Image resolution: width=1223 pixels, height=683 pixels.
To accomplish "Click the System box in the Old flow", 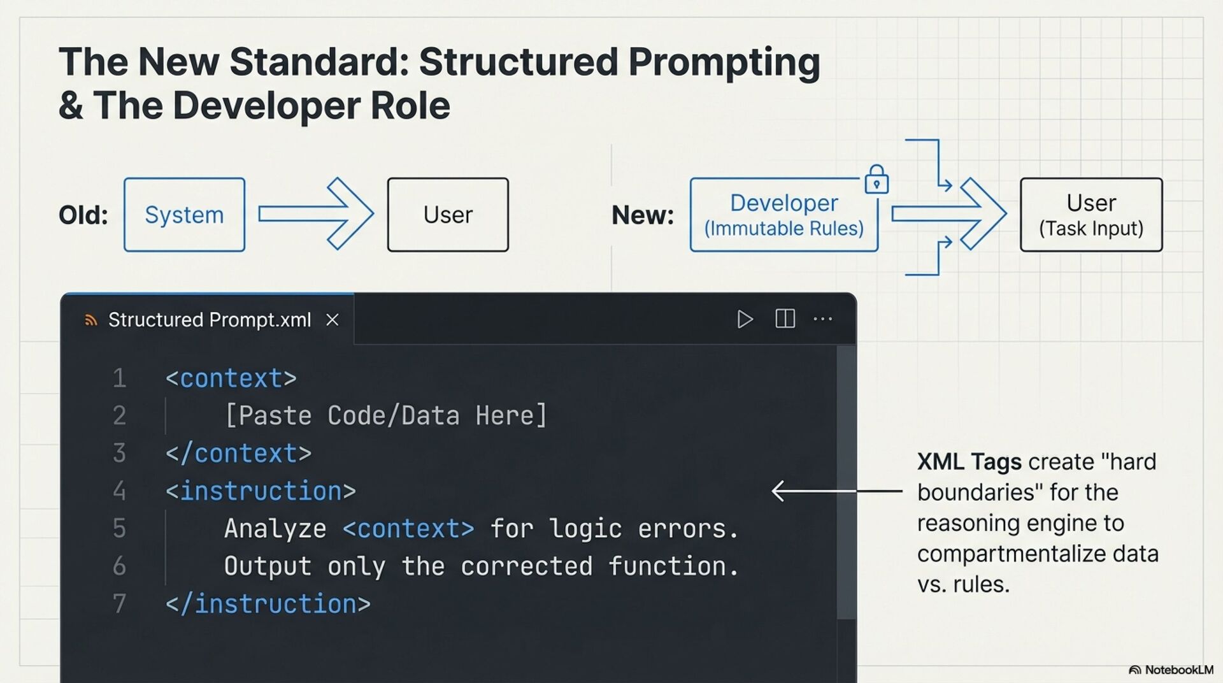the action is (184, 215).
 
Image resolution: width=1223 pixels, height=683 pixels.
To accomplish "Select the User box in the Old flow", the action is (448, 215).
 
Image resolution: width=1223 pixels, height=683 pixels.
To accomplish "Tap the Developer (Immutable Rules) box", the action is (783, 215).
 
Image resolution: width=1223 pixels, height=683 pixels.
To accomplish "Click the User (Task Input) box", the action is (1091, 215).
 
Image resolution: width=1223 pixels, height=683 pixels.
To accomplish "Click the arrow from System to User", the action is (315, 214).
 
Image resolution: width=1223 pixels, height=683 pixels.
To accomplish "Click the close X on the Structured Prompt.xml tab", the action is (333, 320).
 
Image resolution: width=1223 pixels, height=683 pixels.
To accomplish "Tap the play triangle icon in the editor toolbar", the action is (745, 319).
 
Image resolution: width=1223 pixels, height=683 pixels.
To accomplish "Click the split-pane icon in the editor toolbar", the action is (785, 319).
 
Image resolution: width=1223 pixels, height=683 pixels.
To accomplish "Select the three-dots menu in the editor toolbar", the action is (822, 319).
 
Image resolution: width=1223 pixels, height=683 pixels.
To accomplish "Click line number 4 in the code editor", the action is (119, 491).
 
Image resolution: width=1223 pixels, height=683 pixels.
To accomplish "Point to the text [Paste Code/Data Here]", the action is (386, 416).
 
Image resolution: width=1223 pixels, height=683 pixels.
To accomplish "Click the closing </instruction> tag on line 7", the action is (268, 604).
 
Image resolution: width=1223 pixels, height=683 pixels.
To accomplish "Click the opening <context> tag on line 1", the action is (231, 378).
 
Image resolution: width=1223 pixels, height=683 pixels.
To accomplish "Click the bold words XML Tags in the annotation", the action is (969, 461).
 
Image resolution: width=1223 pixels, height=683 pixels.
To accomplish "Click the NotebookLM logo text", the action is (1178, 670).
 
